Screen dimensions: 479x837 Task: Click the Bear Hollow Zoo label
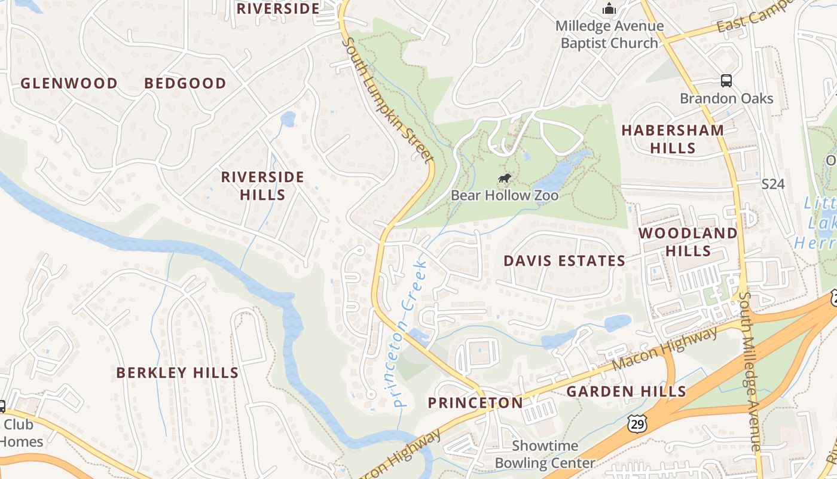(505, 195)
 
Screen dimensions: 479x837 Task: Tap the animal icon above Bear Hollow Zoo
(505, 178)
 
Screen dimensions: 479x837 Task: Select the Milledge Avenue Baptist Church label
(609, 35)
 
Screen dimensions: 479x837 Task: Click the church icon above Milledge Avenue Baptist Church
(609, 8)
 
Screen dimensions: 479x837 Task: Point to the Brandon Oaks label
(726, 98)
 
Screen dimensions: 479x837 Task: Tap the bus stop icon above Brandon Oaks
(726, 81)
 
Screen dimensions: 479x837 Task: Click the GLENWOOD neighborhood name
(69, 83)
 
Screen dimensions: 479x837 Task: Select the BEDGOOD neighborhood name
(185, 83)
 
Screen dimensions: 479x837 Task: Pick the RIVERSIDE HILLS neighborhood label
(262, 186)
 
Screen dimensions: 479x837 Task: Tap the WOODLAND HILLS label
(688, 242)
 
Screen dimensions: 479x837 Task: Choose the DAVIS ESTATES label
(564, 261)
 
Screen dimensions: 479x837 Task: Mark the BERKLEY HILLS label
(178, 373)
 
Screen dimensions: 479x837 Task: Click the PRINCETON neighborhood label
(475, 403)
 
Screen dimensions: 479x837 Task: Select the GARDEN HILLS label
(626, 392)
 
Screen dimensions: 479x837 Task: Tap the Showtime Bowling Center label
(545, 454)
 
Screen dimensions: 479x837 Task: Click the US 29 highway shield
(637, 424)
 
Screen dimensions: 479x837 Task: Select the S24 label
(772, 184)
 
